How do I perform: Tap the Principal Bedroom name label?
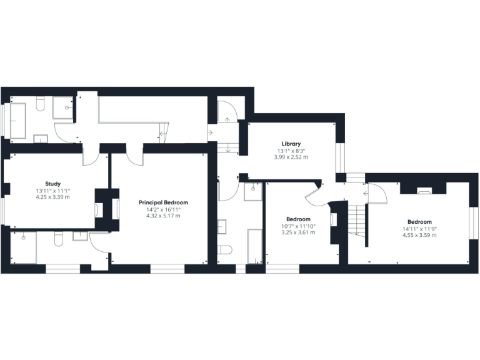pyautogui.click(x=163, y=202)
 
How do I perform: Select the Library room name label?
pyautogui.click(x=291, y=144)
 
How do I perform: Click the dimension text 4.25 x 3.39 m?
pyautogui.click(x=52, y=197)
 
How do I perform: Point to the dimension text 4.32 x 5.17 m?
pyautogui.click(x=163, y=216)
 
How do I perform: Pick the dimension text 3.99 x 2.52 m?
pyautogui.click(x=291, y=157)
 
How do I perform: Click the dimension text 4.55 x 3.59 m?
pyautogui.click(x=419, y=236)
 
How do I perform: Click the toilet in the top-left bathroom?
pyautogui.click(x=41, y=104)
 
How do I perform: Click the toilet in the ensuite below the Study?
pyautogui.click(x=58, y=239)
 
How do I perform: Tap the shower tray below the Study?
pyautogui.click(x=23, y=247)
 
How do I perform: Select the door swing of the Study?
pyautogui.click(x=90, y=156)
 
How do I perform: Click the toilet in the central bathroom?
pyautogui.click(x=225, y=250)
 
